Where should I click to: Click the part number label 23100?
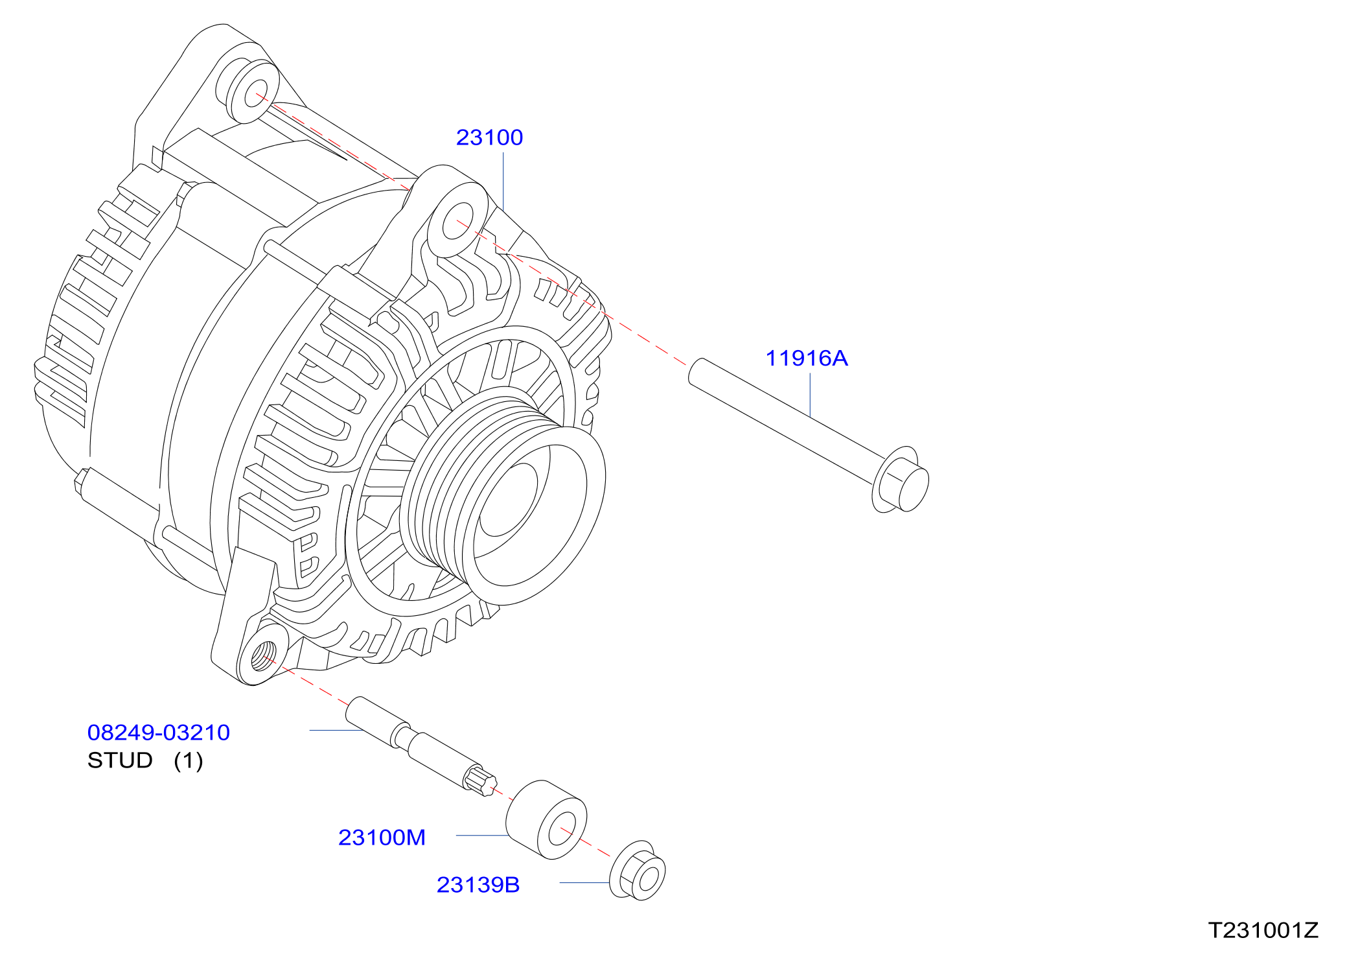[489, 137]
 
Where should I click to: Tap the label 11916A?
[807, 358]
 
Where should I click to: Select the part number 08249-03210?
[159, 733]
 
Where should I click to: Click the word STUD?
[120, 760]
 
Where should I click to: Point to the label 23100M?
[382, 838]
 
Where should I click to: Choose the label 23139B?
[478, 885]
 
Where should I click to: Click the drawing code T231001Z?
[1263, 930]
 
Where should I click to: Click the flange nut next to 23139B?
[638, 871]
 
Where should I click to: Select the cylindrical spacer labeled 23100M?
[546, 820]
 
